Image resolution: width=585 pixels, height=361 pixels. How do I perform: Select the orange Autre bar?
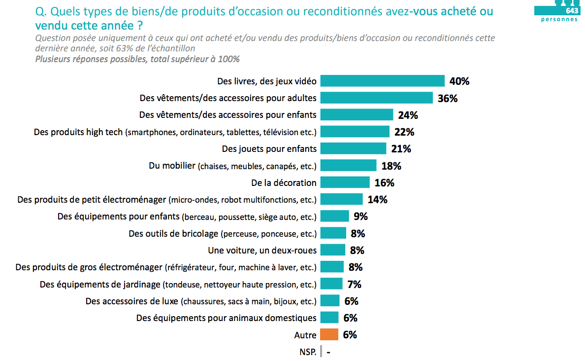(329, 335)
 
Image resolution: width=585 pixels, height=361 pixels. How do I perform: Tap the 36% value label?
(448, 98)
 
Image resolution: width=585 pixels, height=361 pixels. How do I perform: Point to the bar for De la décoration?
(345, 182)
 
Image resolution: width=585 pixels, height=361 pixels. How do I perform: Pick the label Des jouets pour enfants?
(269, 148)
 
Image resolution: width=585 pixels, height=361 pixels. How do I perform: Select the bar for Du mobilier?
(348, 166)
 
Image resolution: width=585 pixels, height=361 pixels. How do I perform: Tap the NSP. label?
(308, 352)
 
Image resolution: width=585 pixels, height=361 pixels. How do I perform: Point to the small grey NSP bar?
(321, 352)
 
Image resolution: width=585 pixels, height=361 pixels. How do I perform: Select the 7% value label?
(354, 284)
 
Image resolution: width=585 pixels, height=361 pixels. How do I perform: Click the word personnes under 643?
(559, 20)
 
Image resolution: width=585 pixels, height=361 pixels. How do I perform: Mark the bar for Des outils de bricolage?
(333, 233)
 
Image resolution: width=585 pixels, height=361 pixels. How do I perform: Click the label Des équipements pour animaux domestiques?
(227, 318)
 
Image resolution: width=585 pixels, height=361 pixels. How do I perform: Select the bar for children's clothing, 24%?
(357, 115)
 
